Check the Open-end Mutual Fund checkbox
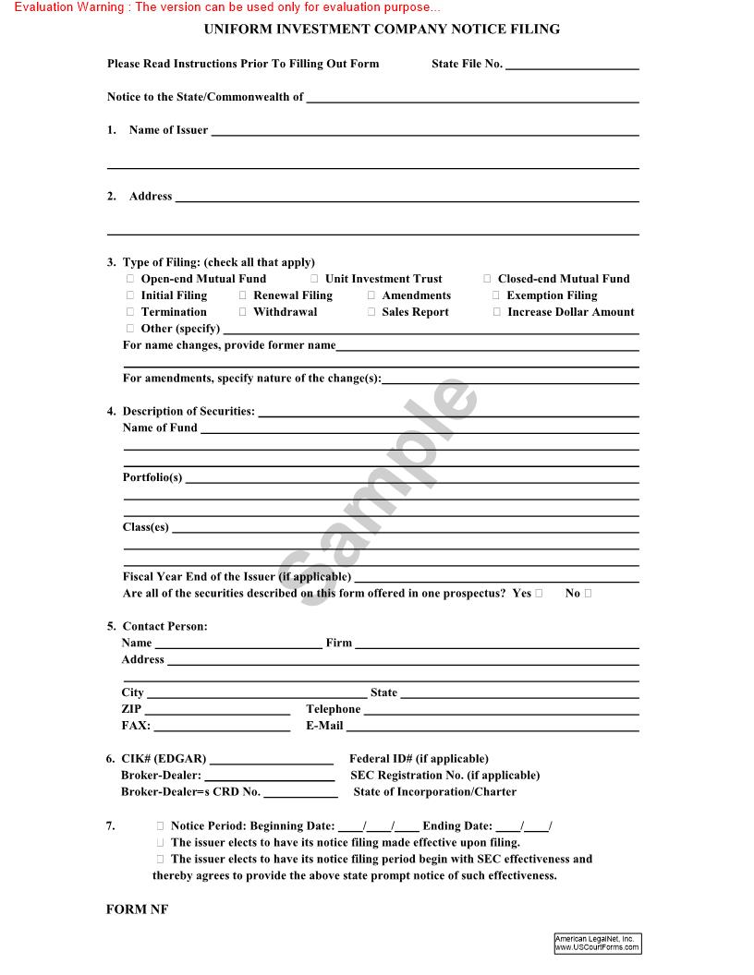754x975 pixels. click(130, 279)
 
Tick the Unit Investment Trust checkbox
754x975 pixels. click(314, 279)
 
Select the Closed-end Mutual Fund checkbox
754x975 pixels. click(487, 279)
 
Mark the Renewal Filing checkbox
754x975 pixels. click(243, 295)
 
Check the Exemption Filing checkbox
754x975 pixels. click(496, 295)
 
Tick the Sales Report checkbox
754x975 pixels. click(371, 312)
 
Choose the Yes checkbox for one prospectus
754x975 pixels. click(539, 594)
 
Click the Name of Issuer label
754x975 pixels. click(168, 130)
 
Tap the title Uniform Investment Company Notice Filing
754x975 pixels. click(382, 30)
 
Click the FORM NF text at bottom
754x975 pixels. click(137, 909)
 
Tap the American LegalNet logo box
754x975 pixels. click(597, 943)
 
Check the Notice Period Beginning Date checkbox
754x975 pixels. click(161, 826)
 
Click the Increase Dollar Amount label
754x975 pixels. click(570, 312)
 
